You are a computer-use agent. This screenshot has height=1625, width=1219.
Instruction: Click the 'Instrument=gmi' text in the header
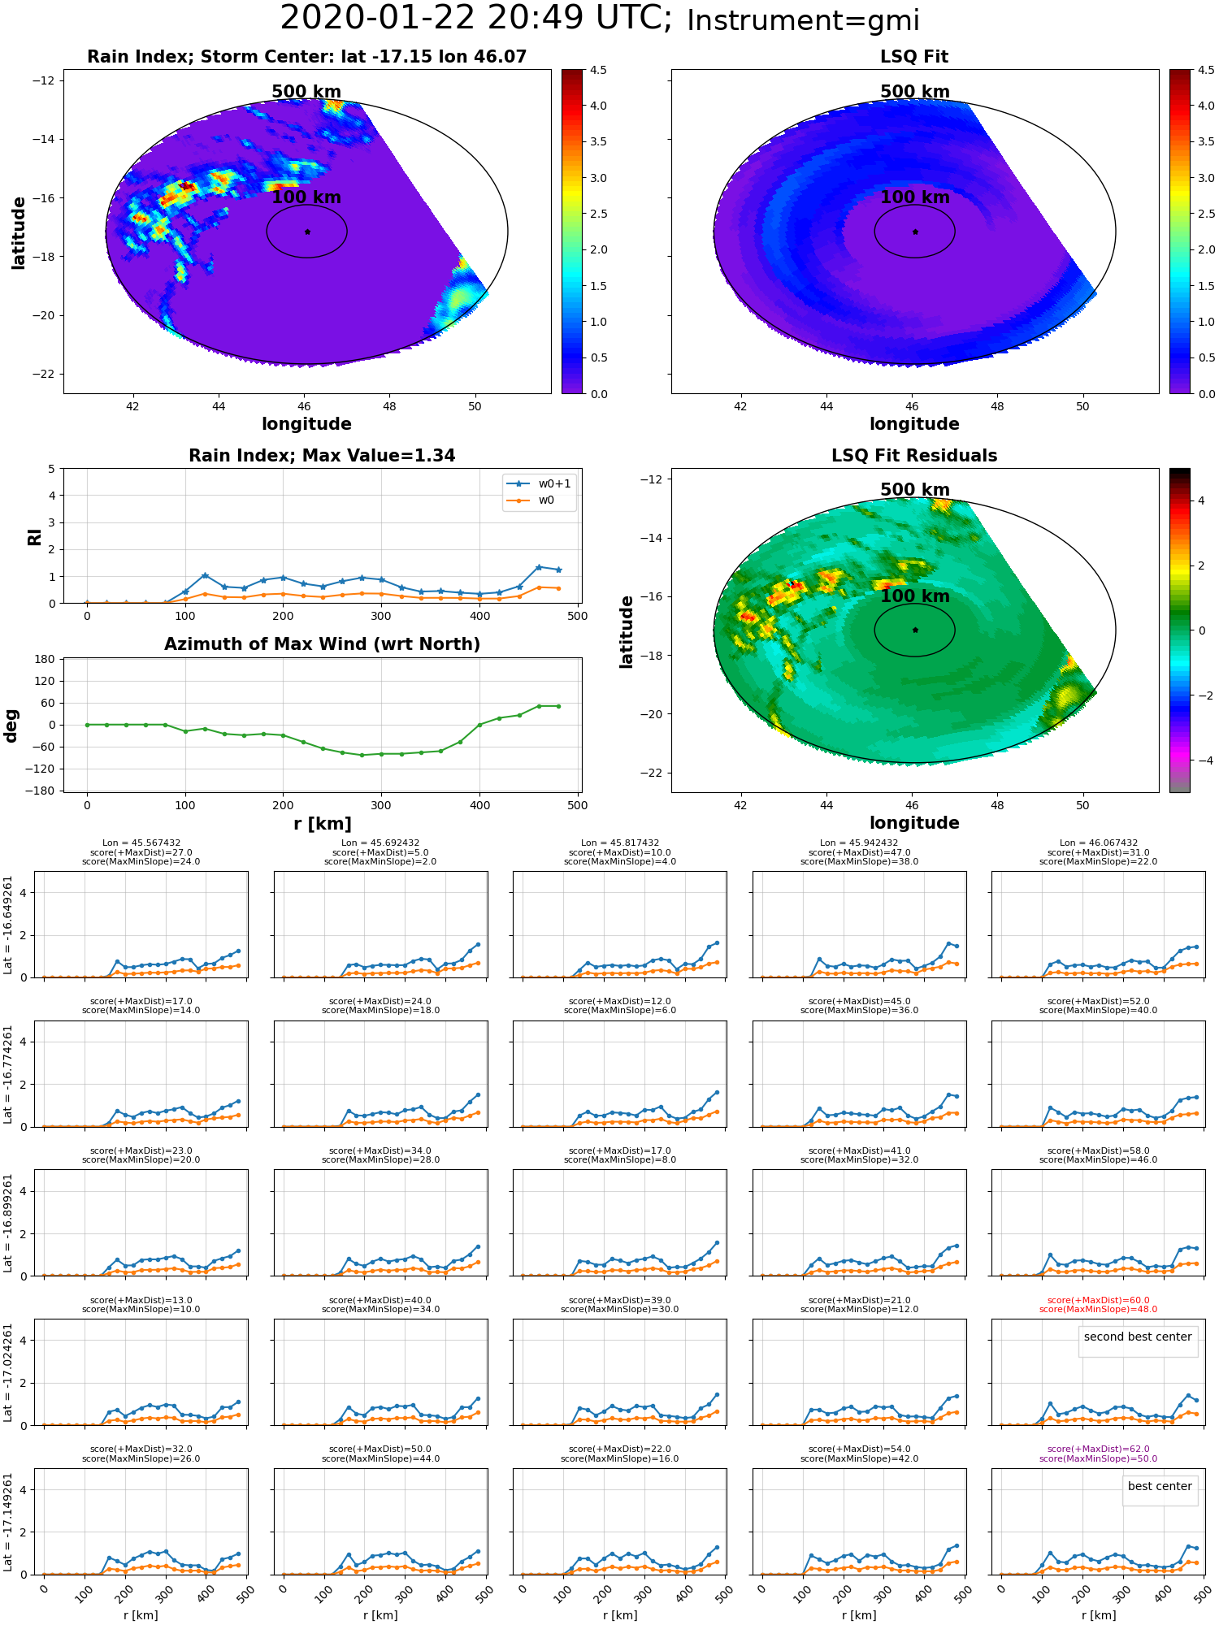(803, 21)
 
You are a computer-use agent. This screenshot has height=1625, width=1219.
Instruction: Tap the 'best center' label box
(1160, 1486)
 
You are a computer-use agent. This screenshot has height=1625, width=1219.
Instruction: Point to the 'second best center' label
(1138, 1337)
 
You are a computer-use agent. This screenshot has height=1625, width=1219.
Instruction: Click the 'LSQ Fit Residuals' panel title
(914, 456)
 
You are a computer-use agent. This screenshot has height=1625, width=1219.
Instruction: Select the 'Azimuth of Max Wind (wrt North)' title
(322, 644)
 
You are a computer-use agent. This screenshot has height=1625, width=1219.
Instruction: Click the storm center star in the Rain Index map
(307, 232)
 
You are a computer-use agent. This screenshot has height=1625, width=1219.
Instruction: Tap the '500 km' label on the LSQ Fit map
(915, 92)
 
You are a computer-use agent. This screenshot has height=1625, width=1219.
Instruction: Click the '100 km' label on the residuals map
(915, 596)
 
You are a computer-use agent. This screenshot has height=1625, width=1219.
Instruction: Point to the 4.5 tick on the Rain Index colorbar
(598, 70)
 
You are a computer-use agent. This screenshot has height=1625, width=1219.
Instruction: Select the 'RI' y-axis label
(35, 536)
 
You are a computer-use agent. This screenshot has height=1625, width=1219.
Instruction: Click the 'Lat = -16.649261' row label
(8, 925)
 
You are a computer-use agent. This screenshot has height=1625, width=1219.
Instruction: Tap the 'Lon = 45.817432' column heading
(620, 843)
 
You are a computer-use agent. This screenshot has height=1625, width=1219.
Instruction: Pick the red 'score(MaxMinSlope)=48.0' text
(1098, 1309)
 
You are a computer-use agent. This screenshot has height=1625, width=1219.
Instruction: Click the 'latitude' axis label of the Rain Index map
(19, 232)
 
